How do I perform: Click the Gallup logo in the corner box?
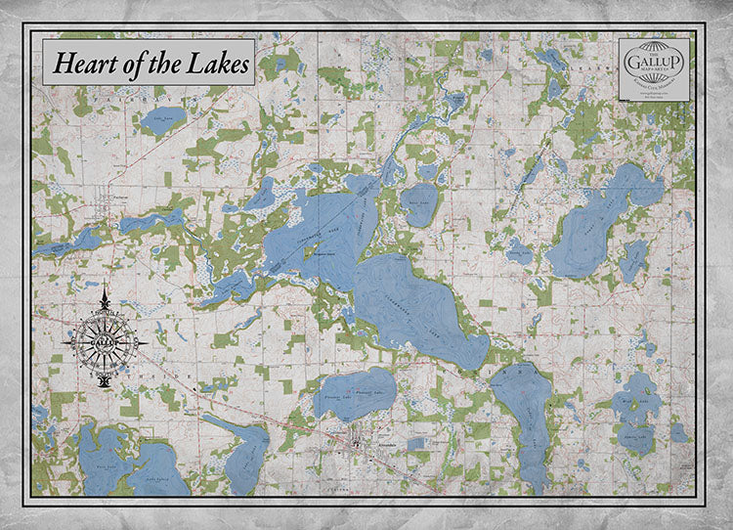pos(654,64)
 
